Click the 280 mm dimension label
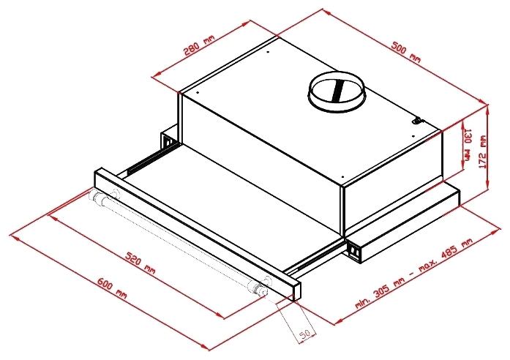pyautogui.click(x=199, y=45)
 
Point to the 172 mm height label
pyautogui.click(x=483, y=151)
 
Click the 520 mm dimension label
pyautogui.click(x=140, y=263)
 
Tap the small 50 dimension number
pyautogui.click(x=304, y=334)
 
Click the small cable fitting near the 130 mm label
pyautogui.click(x=417, y=121)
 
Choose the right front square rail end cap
pyautogui.click(x=354, y=250)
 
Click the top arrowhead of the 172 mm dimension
pyautogui.click(x=487, y=109)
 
